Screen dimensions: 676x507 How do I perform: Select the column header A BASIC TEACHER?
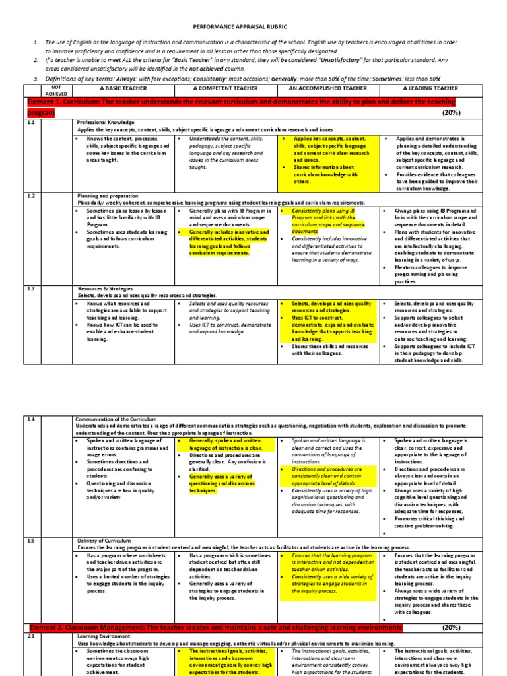click(x=121, y=88)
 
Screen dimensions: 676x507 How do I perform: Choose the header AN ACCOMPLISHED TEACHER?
click(x=328, y=88)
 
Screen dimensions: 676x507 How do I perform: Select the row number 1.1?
click(x=30, y=122)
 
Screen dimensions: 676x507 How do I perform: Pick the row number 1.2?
click(x=30, y=196)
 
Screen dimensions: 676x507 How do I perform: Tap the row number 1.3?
click(x=30, y=288)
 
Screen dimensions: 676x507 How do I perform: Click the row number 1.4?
click(x=30, y=419)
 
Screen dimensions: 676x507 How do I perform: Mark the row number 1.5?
click(x=30, y=540)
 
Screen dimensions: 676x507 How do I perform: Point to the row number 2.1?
click(x=30, y=636)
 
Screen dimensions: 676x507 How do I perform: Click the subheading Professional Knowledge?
click(x=106, y=122)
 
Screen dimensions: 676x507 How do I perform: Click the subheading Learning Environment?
click(x=104, y=636)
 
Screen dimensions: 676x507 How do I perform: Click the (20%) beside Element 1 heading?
click(x=452, y=112)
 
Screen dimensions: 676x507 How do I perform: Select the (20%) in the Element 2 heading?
click(x=452, y=627)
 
